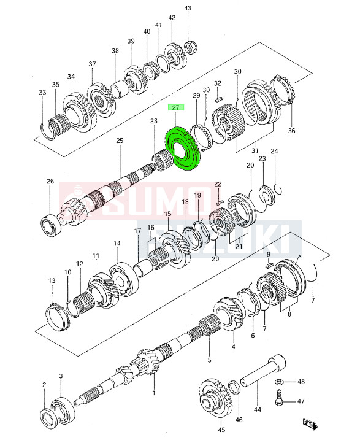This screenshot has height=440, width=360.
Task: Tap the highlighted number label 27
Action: click(x=175, y=107)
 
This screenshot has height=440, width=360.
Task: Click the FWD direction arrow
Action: click(x=310, y=424)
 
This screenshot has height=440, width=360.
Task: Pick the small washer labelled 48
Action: click(x=278, y=382)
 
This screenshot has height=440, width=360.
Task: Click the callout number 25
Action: click(x=120, y=141)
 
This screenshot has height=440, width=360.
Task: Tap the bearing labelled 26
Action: click(x=51, y=225)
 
